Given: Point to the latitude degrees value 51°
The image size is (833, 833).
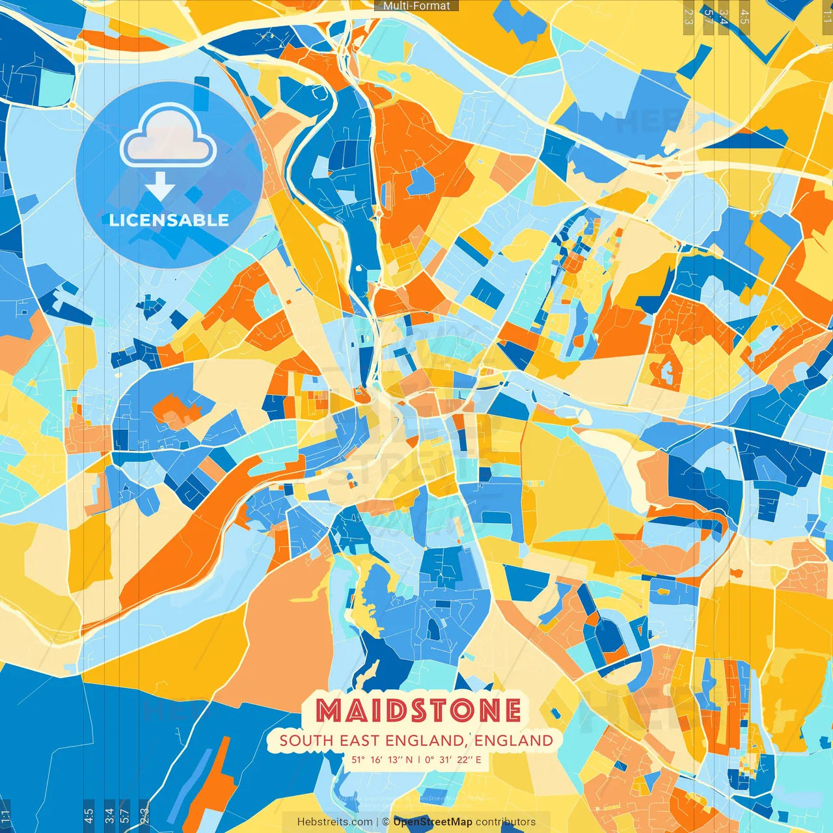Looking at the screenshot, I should click(x=358, y=759).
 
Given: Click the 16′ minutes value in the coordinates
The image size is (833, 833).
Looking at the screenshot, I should click(x=377, y=759).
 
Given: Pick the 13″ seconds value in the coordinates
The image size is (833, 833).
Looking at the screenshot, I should click(x=396, y=759).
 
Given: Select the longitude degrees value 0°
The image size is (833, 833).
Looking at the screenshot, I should click(x=431, y=759).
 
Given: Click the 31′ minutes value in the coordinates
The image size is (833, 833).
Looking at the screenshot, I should click(x=448, y=759).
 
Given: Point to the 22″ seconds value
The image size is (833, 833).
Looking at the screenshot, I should click(x=465, y=759).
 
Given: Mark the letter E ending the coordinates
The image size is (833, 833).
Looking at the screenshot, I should click(x=478, y=759).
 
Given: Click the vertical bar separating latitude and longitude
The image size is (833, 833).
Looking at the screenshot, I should click(x=420, y=759).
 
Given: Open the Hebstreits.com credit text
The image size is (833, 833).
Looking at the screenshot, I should click(x=335, y=822).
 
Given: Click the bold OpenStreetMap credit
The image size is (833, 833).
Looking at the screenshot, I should click(x=433, y=822).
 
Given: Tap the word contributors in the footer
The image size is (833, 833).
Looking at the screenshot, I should click(x=506, y=822).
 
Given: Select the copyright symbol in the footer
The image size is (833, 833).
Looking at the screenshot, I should click(x=385, y=822).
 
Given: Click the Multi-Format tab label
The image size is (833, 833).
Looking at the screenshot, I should click(x=416, y=6).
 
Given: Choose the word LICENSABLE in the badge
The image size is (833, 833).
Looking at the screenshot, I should click(x=169, y=220).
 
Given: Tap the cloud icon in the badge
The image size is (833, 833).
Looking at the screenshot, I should click(x=168, y=138).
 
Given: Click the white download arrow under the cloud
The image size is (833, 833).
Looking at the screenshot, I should click(x=160, y=187).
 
